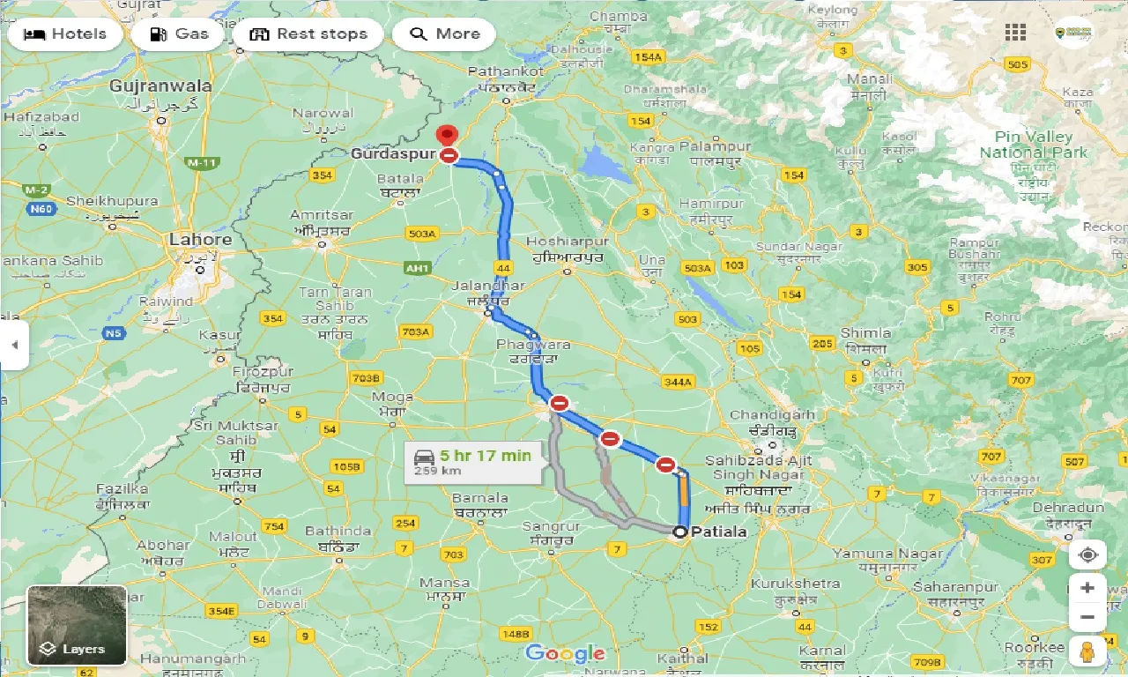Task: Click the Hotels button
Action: coord(65,34)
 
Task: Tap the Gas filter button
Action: coord(179,34)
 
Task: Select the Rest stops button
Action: coord(308,34)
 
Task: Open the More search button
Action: coord(444,34)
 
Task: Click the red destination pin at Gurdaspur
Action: coord(448,136)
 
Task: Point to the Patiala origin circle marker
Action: coord(679,532)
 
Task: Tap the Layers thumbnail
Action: coord(77,625)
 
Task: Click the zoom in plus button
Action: coord(1087,588)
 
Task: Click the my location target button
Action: coord(1087,554)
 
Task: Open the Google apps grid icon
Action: coord(1015,33)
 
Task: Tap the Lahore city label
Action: coord(200,239)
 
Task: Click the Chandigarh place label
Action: coord(772,414)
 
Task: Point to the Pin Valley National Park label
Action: coord(1034,145)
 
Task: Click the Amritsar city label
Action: coord(322,215)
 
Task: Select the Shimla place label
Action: coord(865,333)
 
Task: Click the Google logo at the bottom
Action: coord(565,653)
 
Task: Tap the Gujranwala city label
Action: coord(160,86)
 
